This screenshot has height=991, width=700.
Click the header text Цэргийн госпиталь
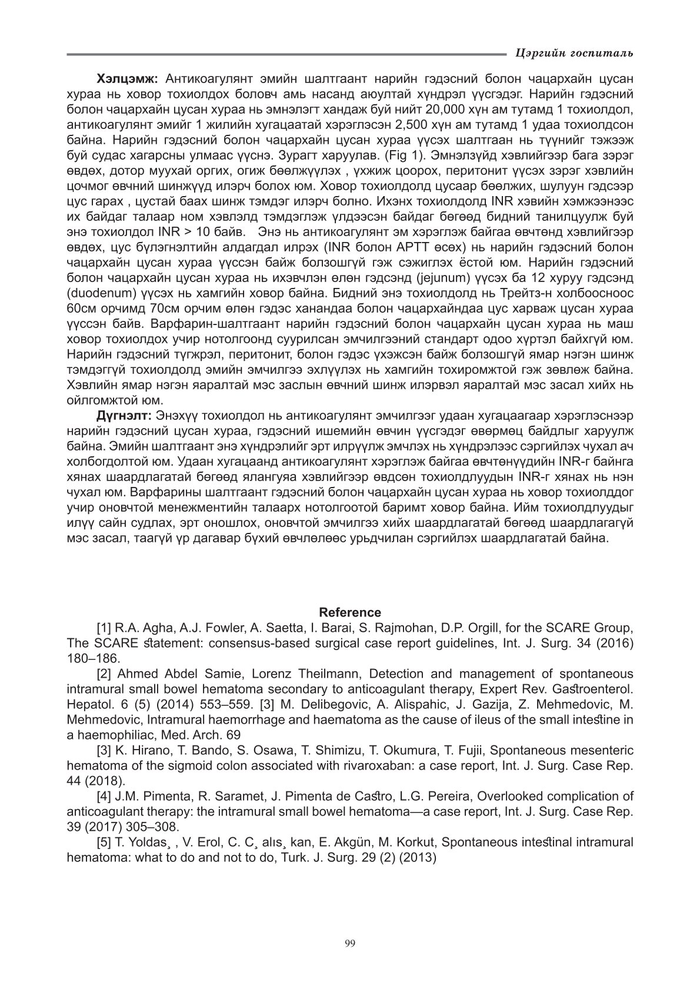click(x=573, y=54)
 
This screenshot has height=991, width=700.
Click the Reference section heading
click(x=350, y=612)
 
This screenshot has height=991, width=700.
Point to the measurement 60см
click(x=81, y=308)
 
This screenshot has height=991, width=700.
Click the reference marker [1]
click(x=104, y=628)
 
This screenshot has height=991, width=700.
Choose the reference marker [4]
click(x=104, y=796)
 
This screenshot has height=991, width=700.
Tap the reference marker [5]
click(x=104, y=842)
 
